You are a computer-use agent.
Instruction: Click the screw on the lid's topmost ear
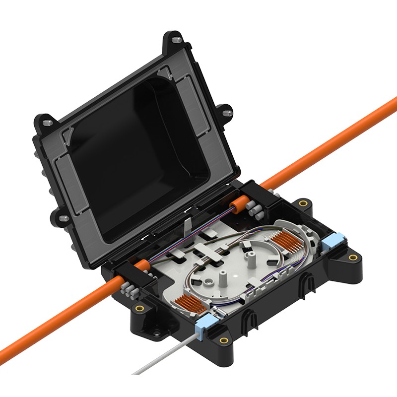[177, 39]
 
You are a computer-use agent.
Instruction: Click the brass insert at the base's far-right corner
[353, 258]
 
